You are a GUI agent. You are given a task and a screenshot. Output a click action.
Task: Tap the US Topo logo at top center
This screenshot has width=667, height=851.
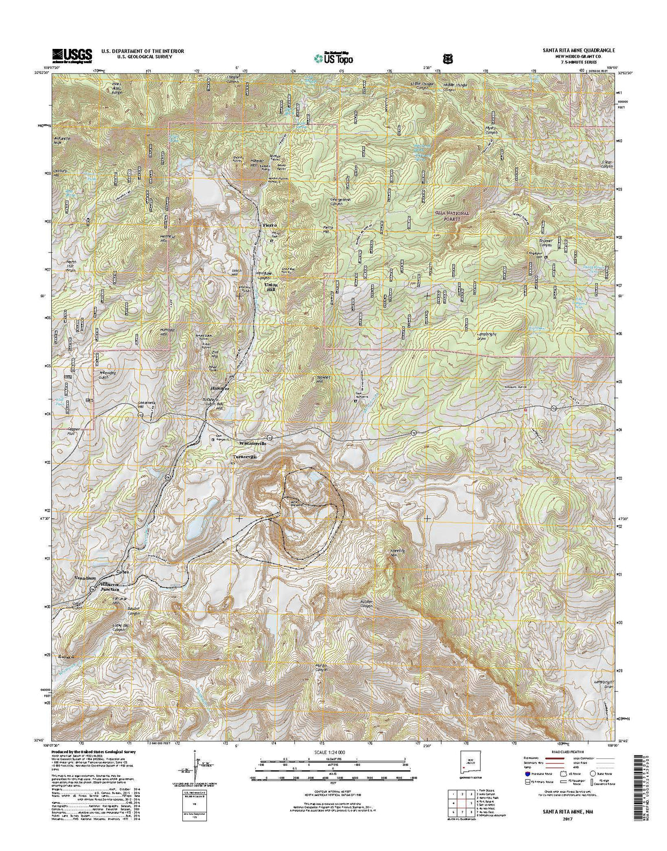[x=333, y=57]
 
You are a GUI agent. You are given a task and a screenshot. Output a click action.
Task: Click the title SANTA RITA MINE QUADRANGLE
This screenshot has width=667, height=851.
[x=579, y=51]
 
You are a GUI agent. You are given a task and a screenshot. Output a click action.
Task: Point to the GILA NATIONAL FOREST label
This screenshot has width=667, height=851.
[x=453, y=216]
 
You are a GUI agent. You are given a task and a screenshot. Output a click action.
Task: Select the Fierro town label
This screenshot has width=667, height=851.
[x=270, y=224]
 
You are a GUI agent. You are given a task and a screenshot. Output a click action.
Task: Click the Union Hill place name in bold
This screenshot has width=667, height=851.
[x=271, y=288]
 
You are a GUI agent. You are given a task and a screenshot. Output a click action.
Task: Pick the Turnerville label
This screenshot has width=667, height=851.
[x=244, y=456]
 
